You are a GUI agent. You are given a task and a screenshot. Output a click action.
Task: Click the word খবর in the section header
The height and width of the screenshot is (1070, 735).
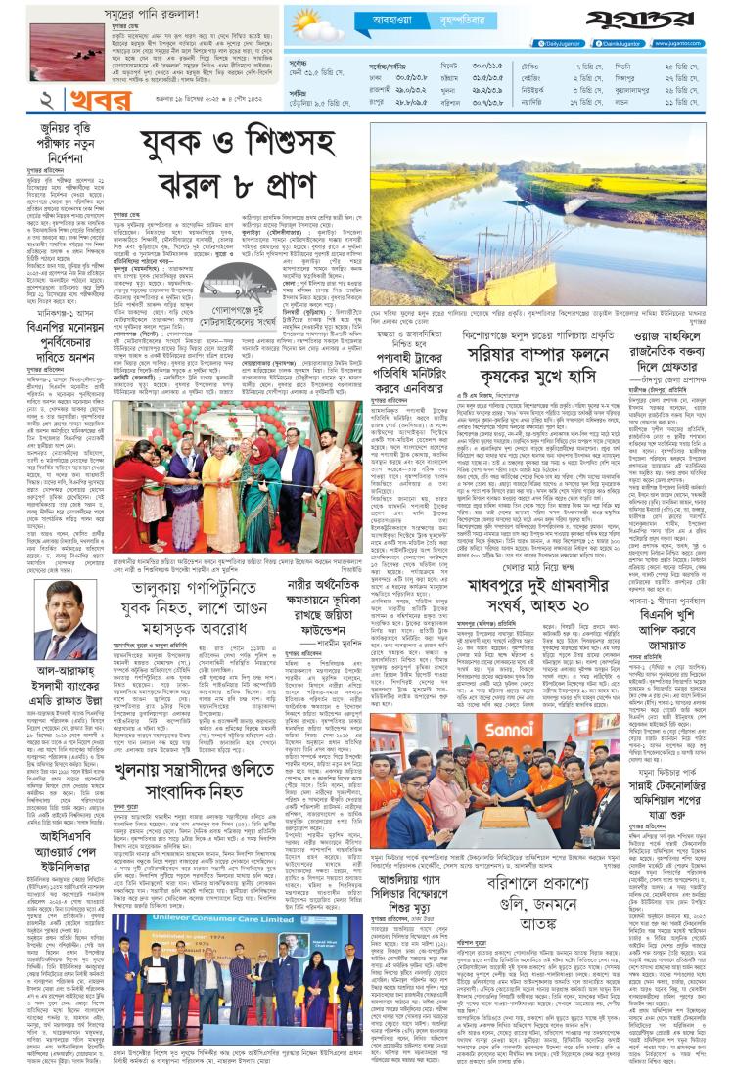click(x=86, y=100)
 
